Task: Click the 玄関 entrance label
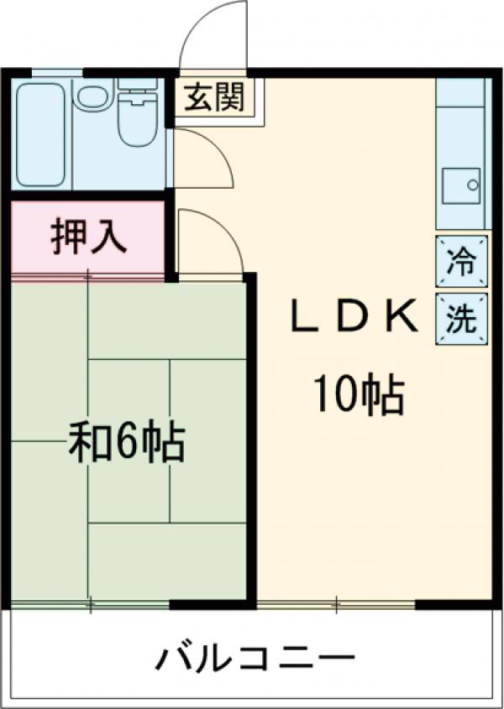pos(215,98)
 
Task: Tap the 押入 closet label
pos(88,237)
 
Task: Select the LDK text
pos(353,318)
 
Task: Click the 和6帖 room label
pos(126,442)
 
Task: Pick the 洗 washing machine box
pos(460,319)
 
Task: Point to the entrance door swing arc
pos(214,34)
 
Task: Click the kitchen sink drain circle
pos(473,183)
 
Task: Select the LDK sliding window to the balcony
pos(336,603)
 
